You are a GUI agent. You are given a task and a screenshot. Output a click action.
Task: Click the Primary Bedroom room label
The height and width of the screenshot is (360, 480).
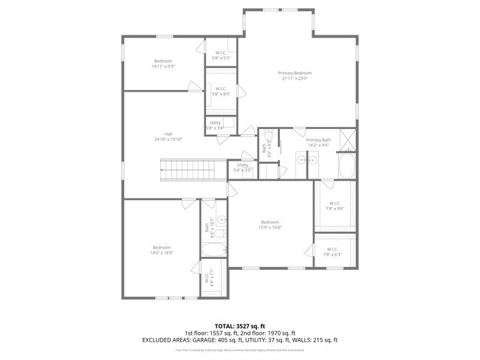[x=295, y=75]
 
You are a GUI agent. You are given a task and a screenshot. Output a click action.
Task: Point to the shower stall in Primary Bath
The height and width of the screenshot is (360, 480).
[x=347, y=138]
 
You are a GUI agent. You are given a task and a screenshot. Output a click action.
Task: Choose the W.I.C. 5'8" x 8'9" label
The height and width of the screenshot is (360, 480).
[x=221, y=91]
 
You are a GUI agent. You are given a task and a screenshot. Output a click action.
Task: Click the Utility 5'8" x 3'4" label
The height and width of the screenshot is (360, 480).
[x=215, y=125]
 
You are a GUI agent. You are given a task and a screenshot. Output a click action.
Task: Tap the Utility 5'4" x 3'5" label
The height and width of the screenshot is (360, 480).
[x=243, y=167]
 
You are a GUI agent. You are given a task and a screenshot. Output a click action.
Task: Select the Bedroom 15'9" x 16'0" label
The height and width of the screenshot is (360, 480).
[x=270, y=224]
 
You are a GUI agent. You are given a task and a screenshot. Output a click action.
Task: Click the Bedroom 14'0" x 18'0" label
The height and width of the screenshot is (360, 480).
[x=162, y=249]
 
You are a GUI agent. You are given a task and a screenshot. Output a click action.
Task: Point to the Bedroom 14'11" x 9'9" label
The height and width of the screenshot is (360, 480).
[x=163, y=63]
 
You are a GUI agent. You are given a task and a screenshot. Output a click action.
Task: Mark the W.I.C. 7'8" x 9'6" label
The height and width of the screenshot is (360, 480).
[x=335, y=205]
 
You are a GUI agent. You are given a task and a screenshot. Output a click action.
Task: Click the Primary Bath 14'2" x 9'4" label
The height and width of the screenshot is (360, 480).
[x=318, y=142]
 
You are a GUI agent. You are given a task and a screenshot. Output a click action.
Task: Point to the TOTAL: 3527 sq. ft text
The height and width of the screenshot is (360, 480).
[x=239, y=325]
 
